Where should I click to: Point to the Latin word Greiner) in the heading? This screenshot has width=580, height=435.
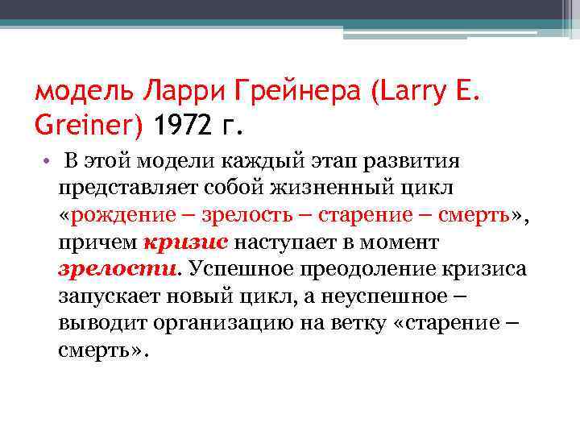pyautogui.click(x=89, y=126)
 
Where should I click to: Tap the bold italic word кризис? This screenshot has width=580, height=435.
pyautogui.click(x=186, y=242)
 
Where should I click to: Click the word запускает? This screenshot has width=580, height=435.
pyautogui.click(x=111, y=296)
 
